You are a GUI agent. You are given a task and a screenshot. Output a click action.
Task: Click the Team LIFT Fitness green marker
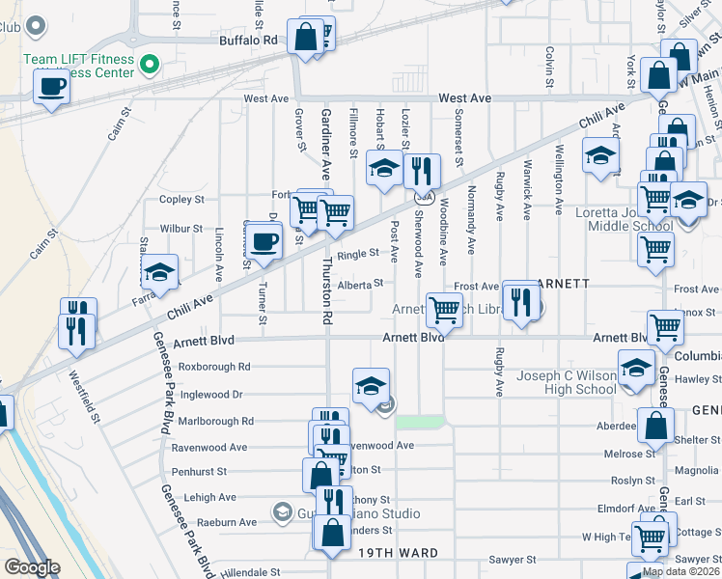pos(150,67)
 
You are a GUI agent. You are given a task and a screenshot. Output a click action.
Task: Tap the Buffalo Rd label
pos(248,41)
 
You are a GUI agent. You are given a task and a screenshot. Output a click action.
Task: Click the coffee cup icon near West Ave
pos(51,86)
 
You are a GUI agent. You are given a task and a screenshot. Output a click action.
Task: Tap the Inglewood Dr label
pos(210,394)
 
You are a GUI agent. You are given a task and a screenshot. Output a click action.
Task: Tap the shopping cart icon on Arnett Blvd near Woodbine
pos(444,310)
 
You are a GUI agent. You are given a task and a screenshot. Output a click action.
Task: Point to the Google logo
pos(32,567)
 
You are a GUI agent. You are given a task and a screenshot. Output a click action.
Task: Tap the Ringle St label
pos(357,254)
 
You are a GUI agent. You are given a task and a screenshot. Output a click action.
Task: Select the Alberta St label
pos(361,284)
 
